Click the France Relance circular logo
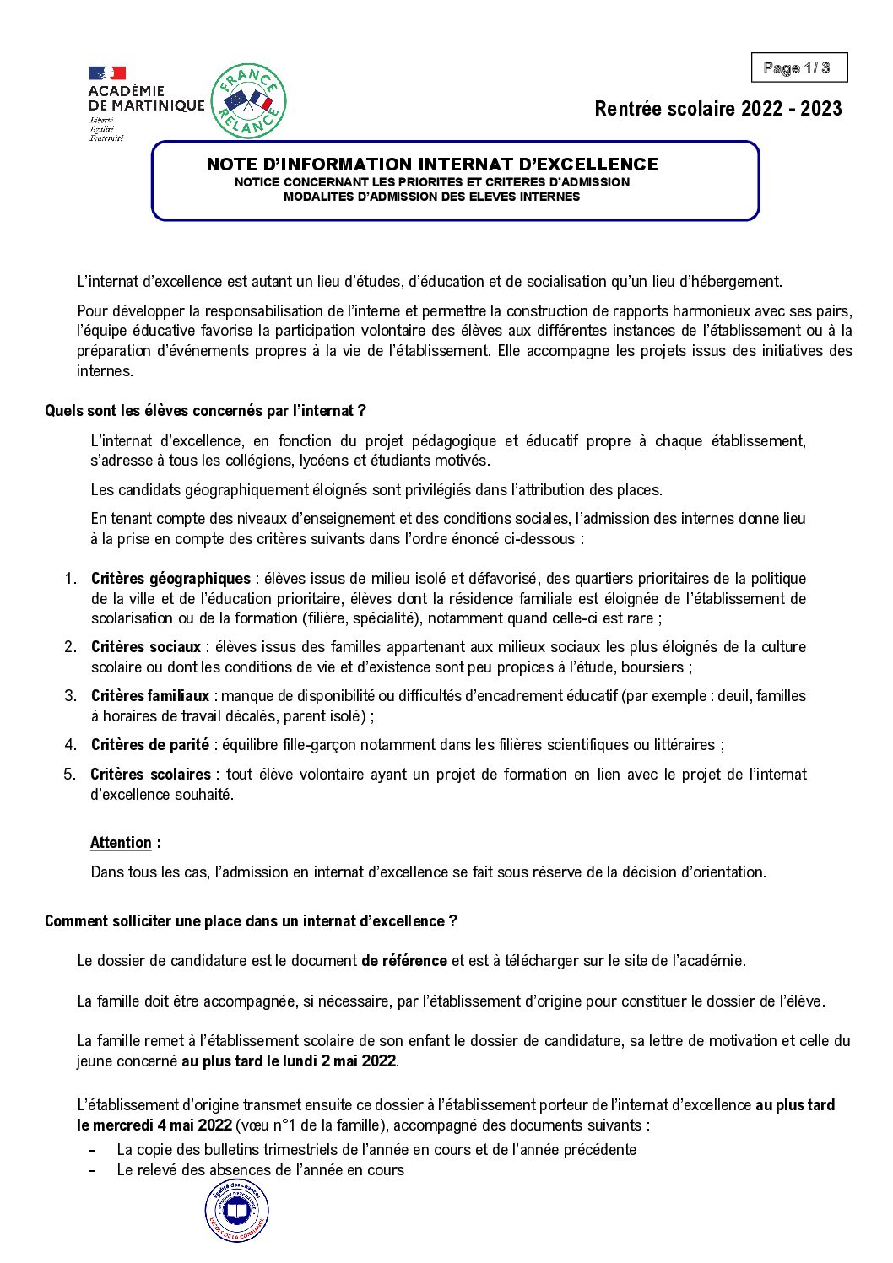coord(247,101)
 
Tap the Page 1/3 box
coord(798,67)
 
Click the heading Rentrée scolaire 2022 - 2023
coord(717,109)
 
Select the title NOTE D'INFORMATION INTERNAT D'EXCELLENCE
coord(432,165)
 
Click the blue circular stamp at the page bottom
coord(237,1211)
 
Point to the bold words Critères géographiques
coord(170,579)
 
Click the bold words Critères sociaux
coord(146,647)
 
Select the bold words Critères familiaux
coord(150,696)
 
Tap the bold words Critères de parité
coord(149,745)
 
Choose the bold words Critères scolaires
coord(150,775)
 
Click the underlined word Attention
coord(121,843)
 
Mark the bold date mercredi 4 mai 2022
coord(154,1125)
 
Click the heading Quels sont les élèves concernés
coord(205,411)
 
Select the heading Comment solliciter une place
coord(251,921)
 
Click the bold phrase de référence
coord(404,961)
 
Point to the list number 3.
coord(71,696)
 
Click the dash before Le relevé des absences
coord(92,1170)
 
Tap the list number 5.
coord(70,775)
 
